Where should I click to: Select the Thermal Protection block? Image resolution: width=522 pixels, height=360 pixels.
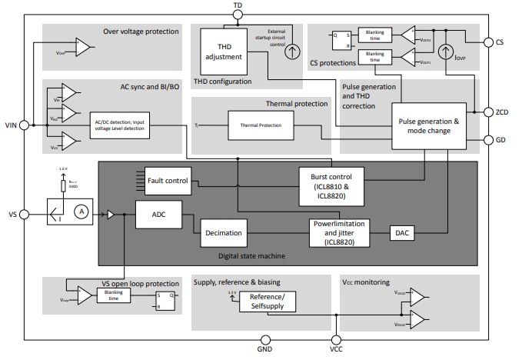pyautogui.click(x=261, y=125)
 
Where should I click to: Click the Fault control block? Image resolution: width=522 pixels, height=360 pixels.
pyautogui.click(x=167, y=181)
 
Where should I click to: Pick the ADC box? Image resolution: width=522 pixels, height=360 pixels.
pyautogui.click(x=158, y=215)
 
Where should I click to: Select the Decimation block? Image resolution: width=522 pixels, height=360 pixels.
pyautogui.click(x=223, y=232)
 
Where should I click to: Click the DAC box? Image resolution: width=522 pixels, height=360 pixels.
pyautogui.click(x=401, y=232)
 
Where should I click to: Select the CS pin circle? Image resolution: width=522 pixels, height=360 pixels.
pyautogui.click(x=487, y=43)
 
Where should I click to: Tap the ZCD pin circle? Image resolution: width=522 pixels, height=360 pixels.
pyautogui.click(x=487, y=112)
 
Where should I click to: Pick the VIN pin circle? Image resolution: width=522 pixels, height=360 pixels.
pyautogui.click(x=24, y=125)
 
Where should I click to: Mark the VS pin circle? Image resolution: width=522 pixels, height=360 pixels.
pyautogui.click(x=24, y=215)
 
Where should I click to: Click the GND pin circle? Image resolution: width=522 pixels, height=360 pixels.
pyautogui.click(x=265, y=338)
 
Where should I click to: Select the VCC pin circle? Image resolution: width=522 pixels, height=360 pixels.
pyautogui.click(x=335, y=338)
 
